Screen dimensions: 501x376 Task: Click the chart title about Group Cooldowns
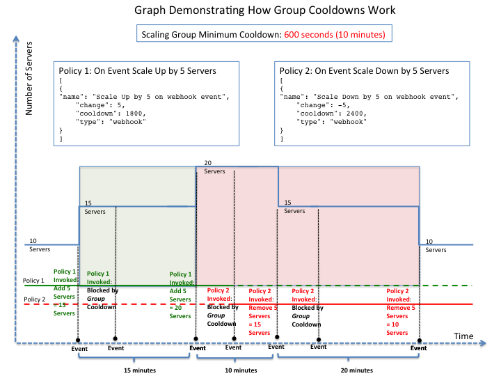[x=264, y=10]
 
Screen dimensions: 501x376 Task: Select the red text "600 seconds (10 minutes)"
[x=335, y=35]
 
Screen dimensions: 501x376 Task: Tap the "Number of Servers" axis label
[x=29, y=78]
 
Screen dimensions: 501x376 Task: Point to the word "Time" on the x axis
[x=463, y=336]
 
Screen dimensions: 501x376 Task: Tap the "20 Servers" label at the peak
[x=214, y=167]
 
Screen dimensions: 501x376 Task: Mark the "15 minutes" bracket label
[x=140, y=370]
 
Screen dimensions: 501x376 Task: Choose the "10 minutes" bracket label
[x=241, y=370]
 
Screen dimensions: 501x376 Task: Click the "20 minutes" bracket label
[x=356, y=370]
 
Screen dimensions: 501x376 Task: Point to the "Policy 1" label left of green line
[x=33, y=281]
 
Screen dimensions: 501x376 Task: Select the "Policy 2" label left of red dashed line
[x=35, y=299]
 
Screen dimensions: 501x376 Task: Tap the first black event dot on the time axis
[x=78, y=340]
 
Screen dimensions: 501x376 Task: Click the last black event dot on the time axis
[x=420, y=340]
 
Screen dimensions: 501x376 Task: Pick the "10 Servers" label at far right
[x=436, y=246]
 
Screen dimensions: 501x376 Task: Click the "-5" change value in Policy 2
[x=342, y=105]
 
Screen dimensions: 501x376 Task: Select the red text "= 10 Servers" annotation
[x=397, y=329]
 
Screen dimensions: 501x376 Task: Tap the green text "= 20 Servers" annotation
[x=180, y=312]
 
